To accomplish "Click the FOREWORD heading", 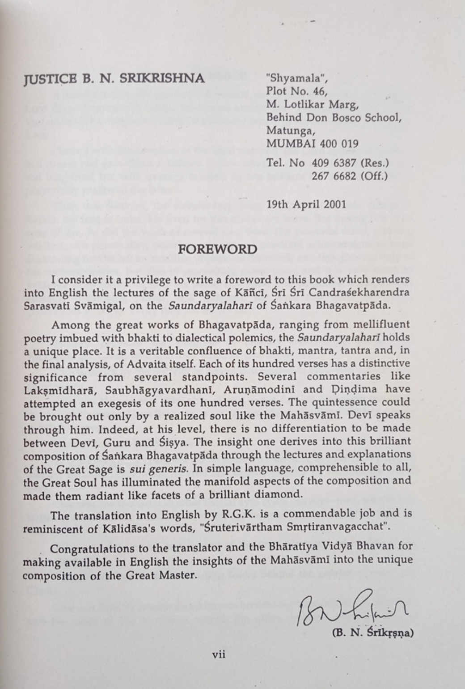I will [218, 250].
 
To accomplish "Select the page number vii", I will [219, 655].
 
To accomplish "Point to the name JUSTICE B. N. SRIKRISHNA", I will [114, 79].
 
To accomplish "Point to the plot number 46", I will [319, 92].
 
